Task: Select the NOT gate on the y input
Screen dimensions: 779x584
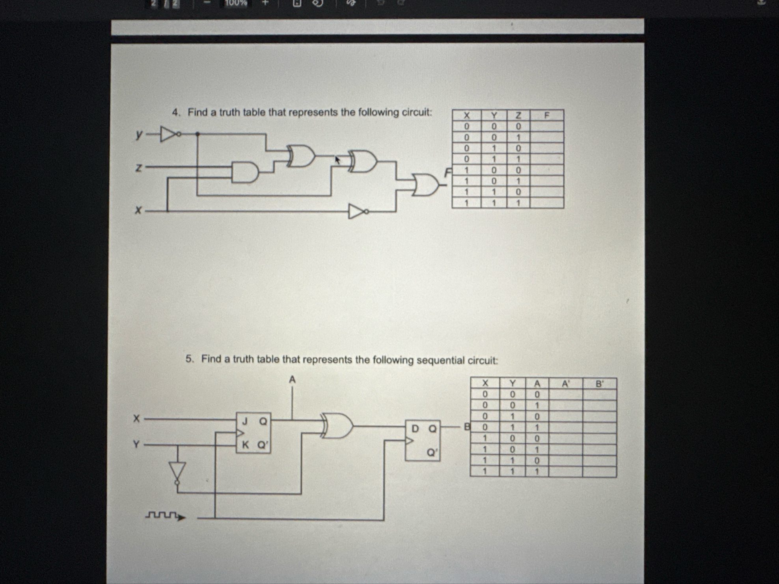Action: pos(169,134)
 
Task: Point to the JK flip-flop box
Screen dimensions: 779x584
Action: pos(253,433)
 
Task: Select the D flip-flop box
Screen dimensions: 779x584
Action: pos(423,440)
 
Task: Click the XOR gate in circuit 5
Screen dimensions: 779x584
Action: pos(337,426)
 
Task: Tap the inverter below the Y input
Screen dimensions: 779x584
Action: pos(177,471)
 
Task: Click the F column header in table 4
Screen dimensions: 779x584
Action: pos(547,115)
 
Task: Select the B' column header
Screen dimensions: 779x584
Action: pos(599,383)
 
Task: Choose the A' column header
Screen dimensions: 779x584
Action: pos(565,383)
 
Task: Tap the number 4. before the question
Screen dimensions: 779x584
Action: pos(176,113)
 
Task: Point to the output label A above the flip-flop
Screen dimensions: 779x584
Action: pos(292,379)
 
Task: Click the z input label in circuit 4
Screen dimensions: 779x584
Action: pos(138,168)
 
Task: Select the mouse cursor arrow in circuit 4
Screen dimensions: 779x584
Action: pos(337,160)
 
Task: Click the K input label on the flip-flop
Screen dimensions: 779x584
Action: pos(245,445)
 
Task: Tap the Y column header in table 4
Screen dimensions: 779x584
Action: pos(494,115)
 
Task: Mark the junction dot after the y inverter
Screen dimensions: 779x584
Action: pos(197,134)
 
